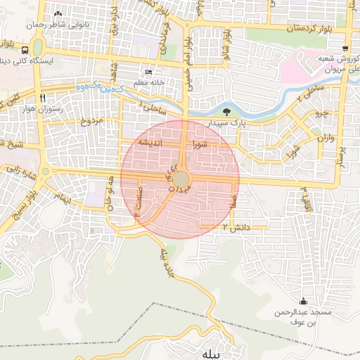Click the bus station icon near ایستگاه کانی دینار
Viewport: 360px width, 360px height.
[25, 51]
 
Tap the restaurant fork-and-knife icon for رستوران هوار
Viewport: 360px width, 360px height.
[43, 98]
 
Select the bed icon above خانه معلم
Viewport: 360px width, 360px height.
[148, 72]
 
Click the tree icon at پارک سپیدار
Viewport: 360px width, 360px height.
[226, 112]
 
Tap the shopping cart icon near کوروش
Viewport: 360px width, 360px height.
[345, 49]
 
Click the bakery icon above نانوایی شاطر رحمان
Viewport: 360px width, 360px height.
[58, 14]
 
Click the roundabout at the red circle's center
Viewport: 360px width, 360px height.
[181, 179]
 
